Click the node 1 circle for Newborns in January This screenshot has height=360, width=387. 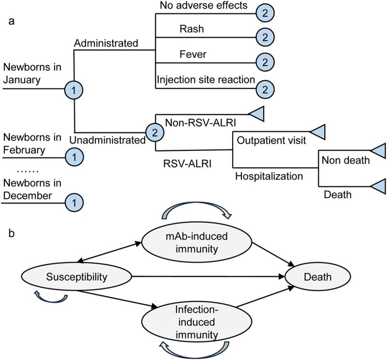point(74,89)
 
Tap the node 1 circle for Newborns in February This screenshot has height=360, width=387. point(74,156)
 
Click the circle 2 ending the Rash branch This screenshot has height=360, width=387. point(265,37)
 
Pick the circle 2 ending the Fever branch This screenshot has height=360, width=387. point(265,62)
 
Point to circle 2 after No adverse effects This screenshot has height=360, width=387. point(265,14)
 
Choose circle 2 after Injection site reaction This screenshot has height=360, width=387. point(265,88)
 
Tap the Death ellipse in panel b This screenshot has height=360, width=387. point(318,277)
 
